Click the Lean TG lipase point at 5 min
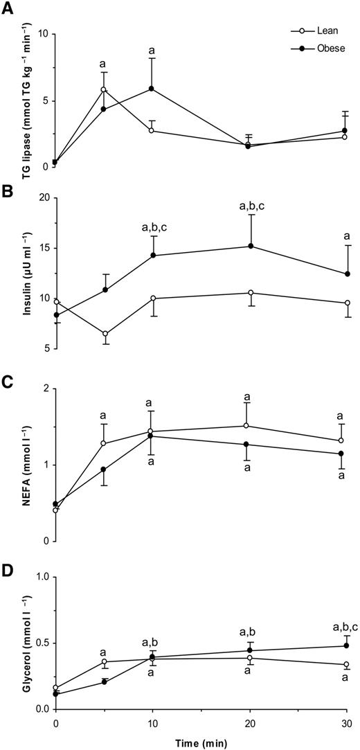(103, 89)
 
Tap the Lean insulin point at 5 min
(103, 334)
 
